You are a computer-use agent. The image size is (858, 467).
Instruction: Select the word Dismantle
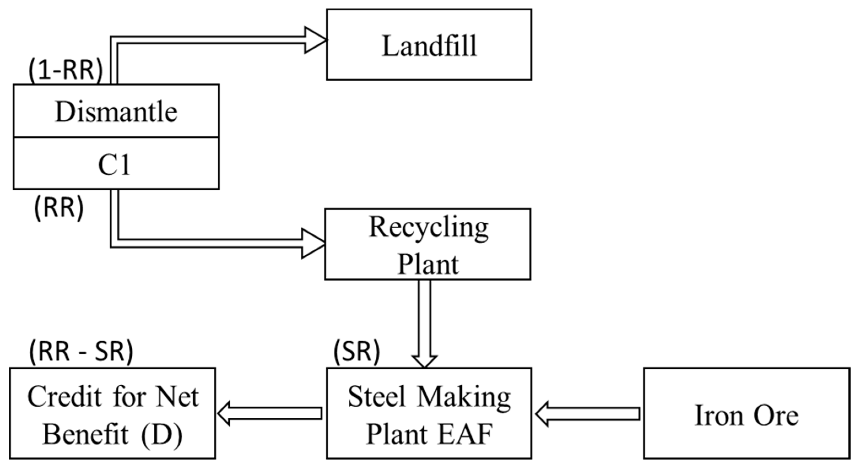[116, 112]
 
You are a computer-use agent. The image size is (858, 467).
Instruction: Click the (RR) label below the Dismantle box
[59, 208]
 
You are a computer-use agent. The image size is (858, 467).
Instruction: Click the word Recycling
[428, 228]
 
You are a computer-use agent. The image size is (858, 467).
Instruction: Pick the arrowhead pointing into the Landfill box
[315, 40]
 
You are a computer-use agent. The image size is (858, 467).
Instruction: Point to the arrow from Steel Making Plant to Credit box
[270, 413]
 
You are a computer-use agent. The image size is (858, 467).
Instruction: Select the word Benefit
[85, 434]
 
